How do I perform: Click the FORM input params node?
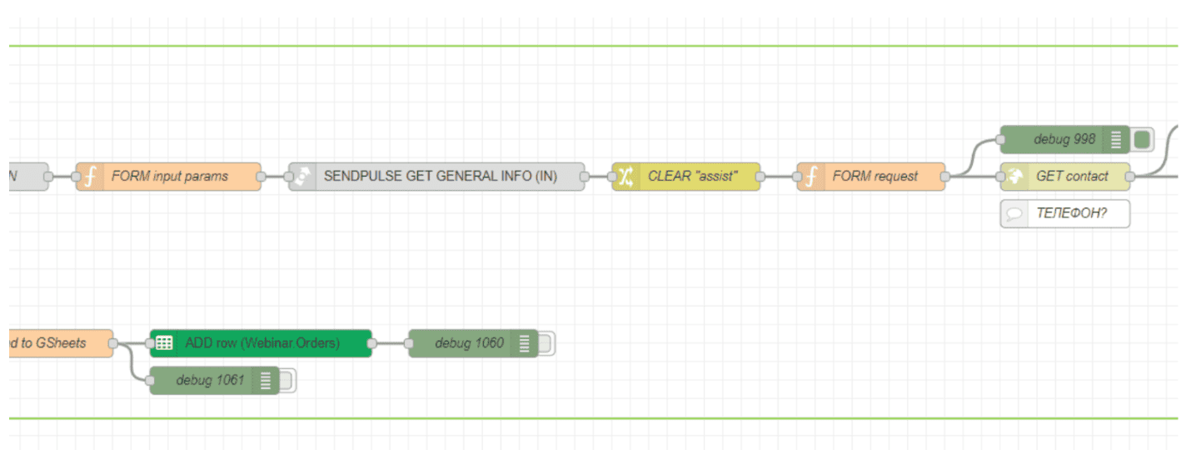click(x=169, y=177)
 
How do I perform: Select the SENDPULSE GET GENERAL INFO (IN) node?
click(x=440, y=177)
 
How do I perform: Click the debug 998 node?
click(x=1064, y=139)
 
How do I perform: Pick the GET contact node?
click(x=1071, y=177)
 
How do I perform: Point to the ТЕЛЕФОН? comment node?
click(x=1070, y=213)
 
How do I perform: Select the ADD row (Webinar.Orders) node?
click(x=262, y=342)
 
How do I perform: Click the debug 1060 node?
click(x=469, y=342)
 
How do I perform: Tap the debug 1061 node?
click(x=210, y=380)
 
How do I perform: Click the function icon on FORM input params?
click(x=89, y=177)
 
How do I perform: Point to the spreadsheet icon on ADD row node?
click(x=164, y=342)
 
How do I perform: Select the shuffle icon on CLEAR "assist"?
click(x=625, y=177)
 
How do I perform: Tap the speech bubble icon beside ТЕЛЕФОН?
click(x=1014, y=213)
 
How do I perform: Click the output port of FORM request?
click(x=946, y=177)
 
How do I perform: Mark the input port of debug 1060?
click(x=408, y=342)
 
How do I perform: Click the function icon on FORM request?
click(x=810, y=177)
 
